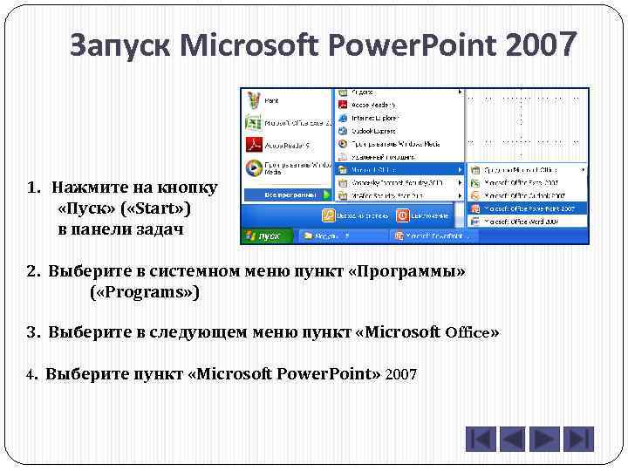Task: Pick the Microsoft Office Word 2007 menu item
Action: (527, 222)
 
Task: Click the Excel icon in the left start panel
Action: (253, 122)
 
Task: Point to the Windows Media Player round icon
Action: (253, 167)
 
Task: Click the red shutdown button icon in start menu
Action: (402, 215)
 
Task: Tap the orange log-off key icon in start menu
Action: (329, 215)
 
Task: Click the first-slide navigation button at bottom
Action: (481, 439)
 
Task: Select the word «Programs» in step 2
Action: (145, 292)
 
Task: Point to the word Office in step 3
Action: (468, 332)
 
